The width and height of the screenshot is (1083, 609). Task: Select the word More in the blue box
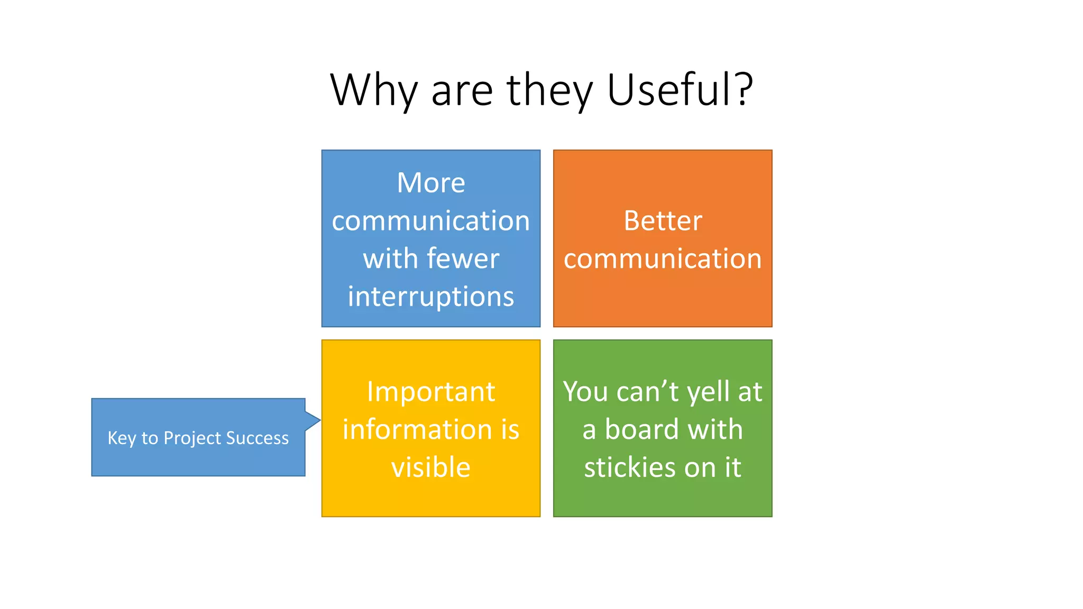(431, 183)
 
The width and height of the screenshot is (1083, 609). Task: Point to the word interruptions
(431, 296)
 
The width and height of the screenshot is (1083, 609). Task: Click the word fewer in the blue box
(463, 259)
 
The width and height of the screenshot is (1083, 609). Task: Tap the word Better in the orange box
(663, 220)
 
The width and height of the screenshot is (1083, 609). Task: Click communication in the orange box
(663, 259)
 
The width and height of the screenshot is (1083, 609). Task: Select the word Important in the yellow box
(431, 392)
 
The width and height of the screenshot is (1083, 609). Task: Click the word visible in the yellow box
(431, 467)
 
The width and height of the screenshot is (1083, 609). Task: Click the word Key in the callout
(122, 438)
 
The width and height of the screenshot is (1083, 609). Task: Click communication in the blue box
(431, 221)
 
